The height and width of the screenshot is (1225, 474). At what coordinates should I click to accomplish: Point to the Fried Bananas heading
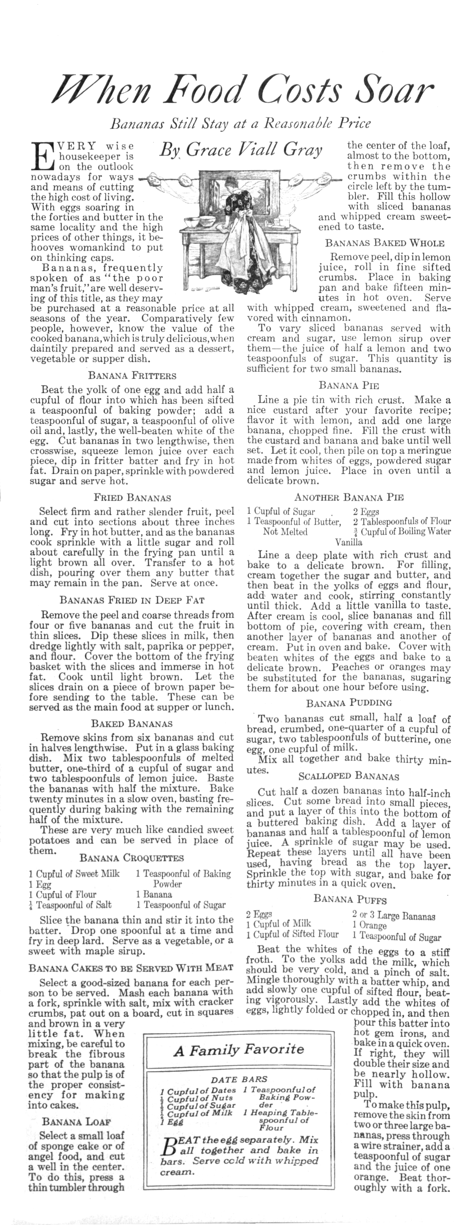(132, 498)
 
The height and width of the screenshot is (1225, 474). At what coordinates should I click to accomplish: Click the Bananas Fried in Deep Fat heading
(132, 600)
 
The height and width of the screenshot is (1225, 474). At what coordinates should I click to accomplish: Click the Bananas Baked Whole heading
(385, 243)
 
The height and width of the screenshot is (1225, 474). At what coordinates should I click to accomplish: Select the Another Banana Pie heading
(349, 497)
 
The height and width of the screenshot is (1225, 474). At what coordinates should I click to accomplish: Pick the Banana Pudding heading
(349, 703)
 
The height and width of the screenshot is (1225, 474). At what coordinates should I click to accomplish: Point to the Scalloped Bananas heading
(349, 776)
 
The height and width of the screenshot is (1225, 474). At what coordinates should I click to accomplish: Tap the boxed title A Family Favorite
(239, 1050)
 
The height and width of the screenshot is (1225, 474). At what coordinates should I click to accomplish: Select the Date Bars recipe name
(239, 1079)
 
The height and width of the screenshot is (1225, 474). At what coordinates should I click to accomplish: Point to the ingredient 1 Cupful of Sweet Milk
(74, 874)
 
